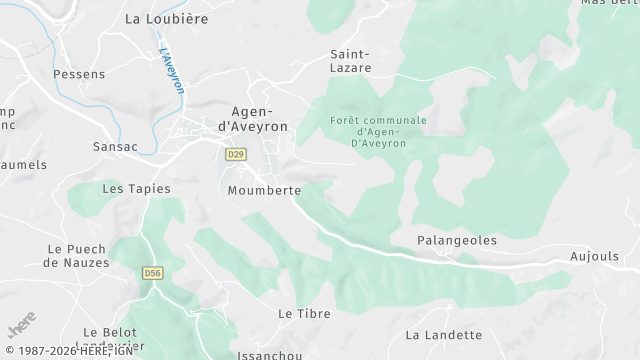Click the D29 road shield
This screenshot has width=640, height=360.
[235, 154]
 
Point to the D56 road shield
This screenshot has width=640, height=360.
[152, 272]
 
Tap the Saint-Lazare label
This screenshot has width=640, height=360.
[350, 61]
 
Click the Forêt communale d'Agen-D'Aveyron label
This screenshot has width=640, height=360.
[378, 131]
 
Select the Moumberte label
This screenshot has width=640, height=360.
[264, 190]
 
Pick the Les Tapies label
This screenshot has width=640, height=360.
[136, 188]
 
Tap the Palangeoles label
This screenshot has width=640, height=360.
[456, 241]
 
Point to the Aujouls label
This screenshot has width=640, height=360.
[596, 257]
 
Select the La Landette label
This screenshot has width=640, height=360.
[444, 335]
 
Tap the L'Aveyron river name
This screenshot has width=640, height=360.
[171, 71]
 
